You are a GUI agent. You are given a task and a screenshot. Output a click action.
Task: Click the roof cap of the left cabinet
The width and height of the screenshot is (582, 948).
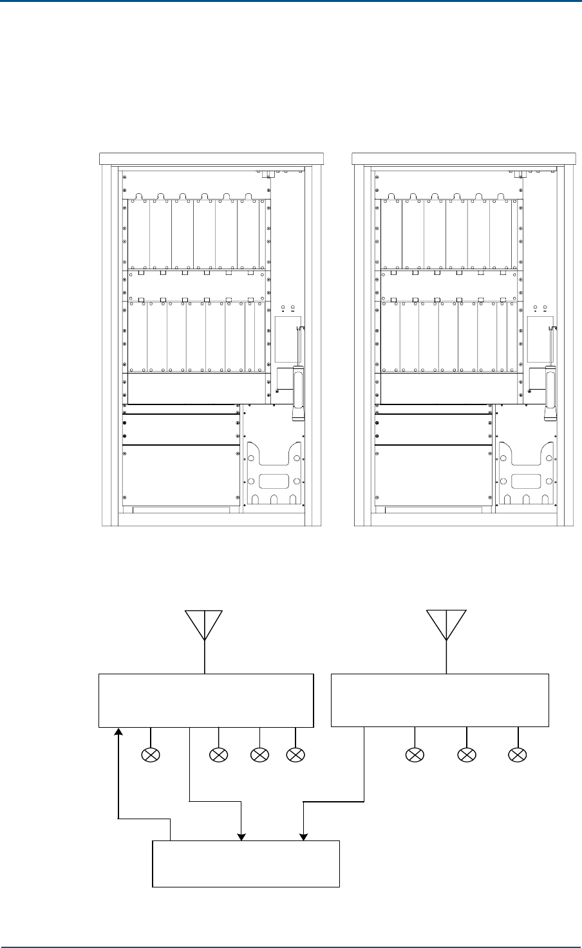tap(211, 156)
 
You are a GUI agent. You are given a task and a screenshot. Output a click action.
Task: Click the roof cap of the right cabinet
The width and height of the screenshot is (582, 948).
tap(463, 156)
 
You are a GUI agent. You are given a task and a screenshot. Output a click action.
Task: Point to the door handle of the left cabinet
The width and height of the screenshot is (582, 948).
tap(297, 393)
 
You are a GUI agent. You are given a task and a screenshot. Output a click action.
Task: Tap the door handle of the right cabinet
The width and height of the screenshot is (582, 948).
tap(550, 393)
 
